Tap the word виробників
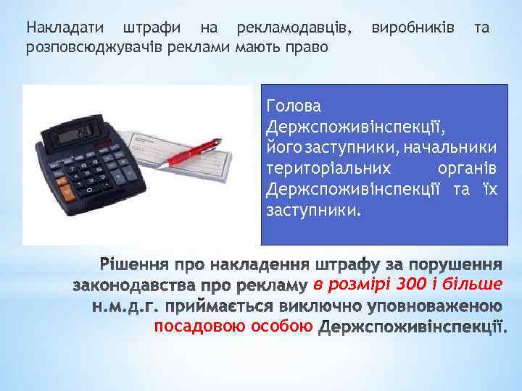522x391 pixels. [x=413, y=29]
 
